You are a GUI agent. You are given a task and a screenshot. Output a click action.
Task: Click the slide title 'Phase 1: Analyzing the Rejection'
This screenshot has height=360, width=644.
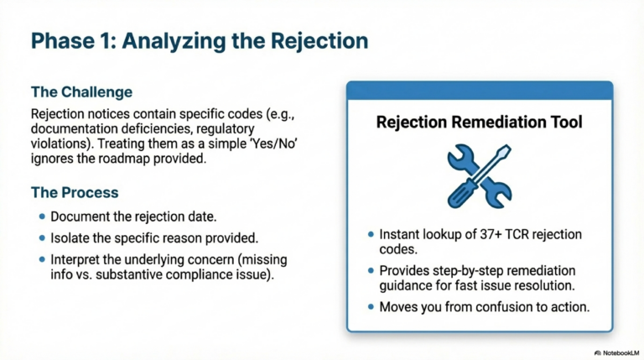tap(199, 41)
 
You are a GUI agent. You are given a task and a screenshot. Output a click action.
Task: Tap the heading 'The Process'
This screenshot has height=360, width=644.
tap(75, 192)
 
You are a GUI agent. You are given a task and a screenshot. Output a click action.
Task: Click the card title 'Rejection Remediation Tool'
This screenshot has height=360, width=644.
tap(480, 123)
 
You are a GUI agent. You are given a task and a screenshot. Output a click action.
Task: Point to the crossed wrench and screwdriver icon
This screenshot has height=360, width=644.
tap(479, 175)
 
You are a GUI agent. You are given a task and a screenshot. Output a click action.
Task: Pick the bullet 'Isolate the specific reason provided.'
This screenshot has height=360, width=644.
tap(153, 237)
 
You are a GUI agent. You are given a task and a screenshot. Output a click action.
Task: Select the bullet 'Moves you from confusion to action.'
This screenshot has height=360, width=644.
tap(484, 308)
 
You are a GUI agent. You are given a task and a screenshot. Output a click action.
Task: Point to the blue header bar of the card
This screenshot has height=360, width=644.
tap(480, 91)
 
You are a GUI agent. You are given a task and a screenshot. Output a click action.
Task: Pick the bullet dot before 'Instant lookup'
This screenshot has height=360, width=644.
tap(370, 235)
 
